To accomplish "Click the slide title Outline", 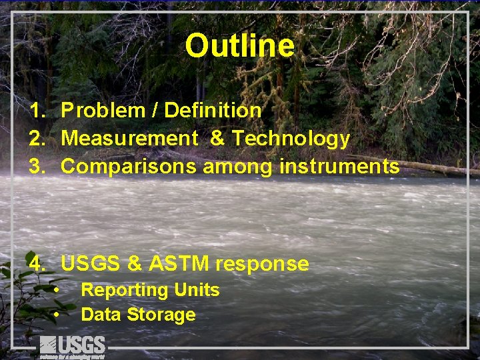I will (x=239, y=46).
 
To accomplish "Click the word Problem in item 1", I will (x=103, y=110).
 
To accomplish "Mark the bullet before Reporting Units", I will (x=58, y=290).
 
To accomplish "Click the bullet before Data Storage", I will (x=58, y=315).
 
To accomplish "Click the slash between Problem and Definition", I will (x=154, y=110).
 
